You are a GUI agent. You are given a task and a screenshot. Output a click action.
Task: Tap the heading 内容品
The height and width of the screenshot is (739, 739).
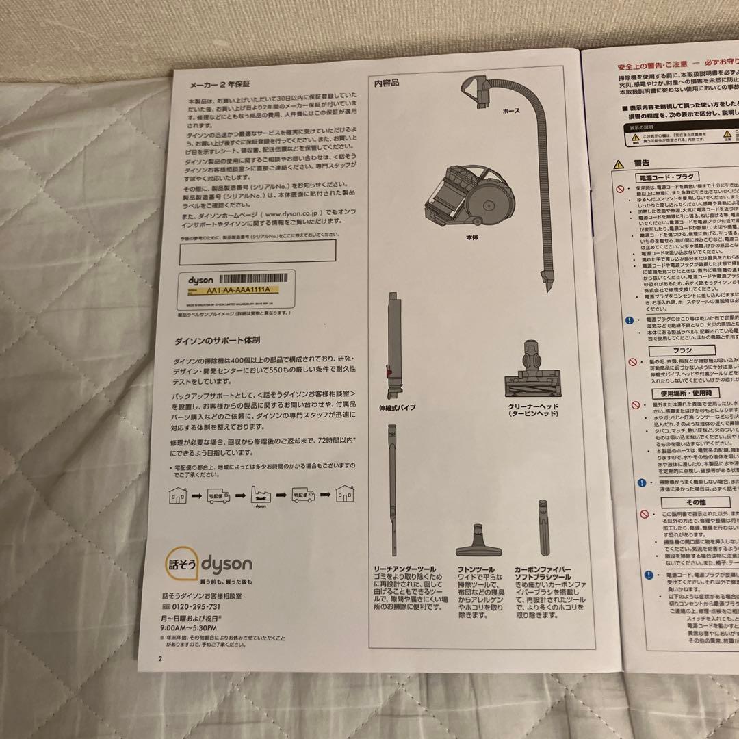click(387, 83)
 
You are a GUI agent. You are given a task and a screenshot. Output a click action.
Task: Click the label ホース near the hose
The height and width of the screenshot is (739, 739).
click(511, 110)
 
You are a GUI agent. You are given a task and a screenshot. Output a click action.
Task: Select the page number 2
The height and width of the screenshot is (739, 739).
click(159, 660)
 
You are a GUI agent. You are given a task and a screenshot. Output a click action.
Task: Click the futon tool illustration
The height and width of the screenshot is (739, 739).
click(477, 541)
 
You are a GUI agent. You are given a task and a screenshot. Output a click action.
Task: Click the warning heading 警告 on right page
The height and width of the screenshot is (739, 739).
click(641, 164)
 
